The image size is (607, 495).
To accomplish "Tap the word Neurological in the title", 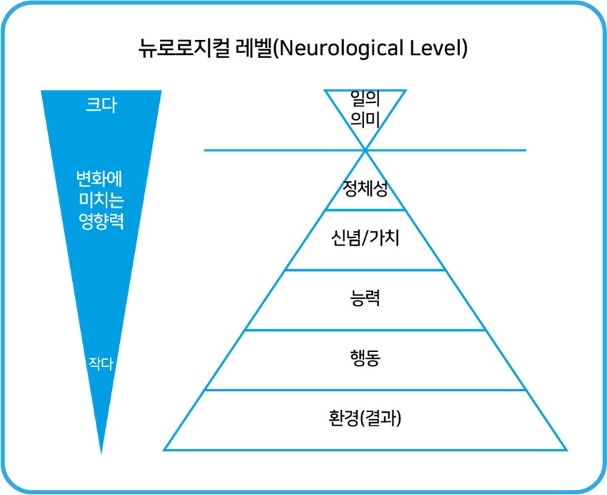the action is (x=338, y=49).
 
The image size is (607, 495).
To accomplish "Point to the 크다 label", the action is (x=101, y=104).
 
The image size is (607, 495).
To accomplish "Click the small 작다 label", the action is (x=101, y=364).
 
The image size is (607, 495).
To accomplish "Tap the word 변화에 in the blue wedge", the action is (x=99, y=179).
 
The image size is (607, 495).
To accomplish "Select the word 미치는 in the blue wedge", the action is (x=101, y=200).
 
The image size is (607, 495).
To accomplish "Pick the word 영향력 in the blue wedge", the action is (x=101, y=221).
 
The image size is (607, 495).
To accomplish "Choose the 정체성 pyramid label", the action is (x=365, y=189).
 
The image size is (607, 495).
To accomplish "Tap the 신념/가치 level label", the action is (x=365, y=238).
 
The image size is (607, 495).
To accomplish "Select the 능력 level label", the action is (x=365, y=298).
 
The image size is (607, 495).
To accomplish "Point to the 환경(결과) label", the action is (x=365, y=418).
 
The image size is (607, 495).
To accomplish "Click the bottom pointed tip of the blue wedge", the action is (x=101, y=454).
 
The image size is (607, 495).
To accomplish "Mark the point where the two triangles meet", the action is (x=365, y=150).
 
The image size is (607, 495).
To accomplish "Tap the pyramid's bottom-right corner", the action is (x=566, y=450).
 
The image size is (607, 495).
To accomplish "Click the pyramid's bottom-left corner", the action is (x=164, y=450).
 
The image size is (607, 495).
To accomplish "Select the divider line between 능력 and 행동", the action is (x=365, y=330).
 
